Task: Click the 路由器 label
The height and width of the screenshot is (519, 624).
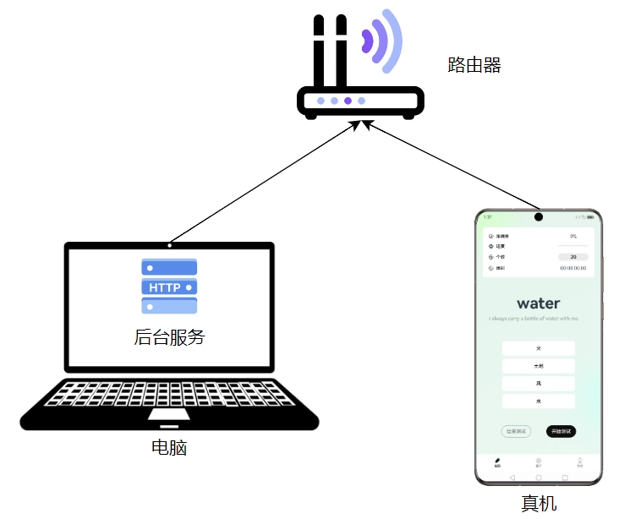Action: [474, 65]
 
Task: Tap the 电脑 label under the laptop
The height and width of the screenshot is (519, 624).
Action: [169, 448]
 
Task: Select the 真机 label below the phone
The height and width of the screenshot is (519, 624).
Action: [539, 504]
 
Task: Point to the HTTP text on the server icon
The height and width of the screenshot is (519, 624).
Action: [165, 287]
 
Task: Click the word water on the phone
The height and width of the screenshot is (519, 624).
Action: [539, 303]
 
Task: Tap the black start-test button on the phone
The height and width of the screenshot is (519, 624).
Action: [561, 431]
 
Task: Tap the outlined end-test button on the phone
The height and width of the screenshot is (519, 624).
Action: [516, 431]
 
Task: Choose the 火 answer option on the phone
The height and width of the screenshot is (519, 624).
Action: [539, 348]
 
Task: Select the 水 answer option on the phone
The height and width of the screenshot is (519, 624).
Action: [539, 402]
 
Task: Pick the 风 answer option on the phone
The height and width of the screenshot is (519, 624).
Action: [539, 384]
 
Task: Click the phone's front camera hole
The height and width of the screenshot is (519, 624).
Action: [539, 217]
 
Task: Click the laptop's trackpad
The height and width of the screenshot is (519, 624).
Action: [169, 415]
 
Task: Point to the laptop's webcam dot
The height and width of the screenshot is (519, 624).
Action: [169, 245]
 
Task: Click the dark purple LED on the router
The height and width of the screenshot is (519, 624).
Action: [348, 101]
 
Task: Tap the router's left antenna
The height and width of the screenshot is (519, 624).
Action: [320, 51]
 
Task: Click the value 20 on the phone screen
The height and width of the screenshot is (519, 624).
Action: [573, 256]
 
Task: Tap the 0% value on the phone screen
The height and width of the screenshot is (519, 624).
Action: [573, 236]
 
